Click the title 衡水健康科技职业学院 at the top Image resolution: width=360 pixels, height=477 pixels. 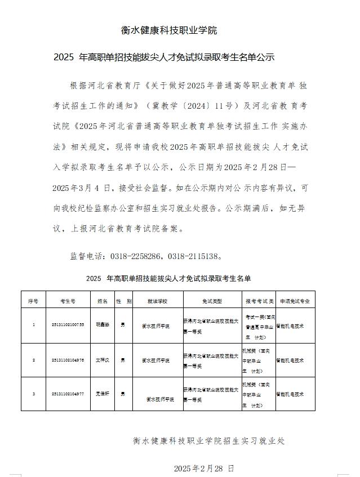pyautogui.click(x=169, y=30)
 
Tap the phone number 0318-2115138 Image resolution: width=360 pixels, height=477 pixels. pyautogui.click(x=191, y=256)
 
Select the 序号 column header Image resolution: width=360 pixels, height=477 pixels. pyautogui.click(x=33, y=301)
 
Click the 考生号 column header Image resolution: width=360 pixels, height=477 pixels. pyautogui.click(x=68, y=301)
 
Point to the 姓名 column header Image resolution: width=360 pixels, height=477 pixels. pyautogui.click(x=102, y=301)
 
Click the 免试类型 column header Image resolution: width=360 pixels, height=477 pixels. pyautogui.click(x=211, y=301)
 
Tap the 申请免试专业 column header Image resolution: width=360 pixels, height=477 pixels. pyautogui.click(x=294, y=301)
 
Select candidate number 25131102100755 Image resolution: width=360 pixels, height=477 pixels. pyautogui.click(x=68, y=325)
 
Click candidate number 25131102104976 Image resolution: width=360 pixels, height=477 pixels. pyautogui.click(x=68, y=360)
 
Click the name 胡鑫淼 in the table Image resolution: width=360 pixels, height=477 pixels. pyautogui.click(x=102, y=325)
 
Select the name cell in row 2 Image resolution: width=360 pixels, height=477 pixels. pyautogui.click(x=102, y=360)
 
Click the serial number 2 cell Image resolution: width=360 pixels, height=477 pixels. pyautogui.click(x=33, y=360)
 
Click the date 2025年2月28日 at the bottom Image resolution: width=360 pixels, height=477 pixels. pyautogui.click(x=203, y=469)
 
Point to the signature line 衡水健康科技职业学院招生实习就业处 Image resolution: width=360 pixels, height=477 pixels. pyautogui.click(x=209, y=441)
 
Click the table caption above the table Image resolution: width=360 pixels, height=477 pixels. pyautogui.click(x=168, y=278)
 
